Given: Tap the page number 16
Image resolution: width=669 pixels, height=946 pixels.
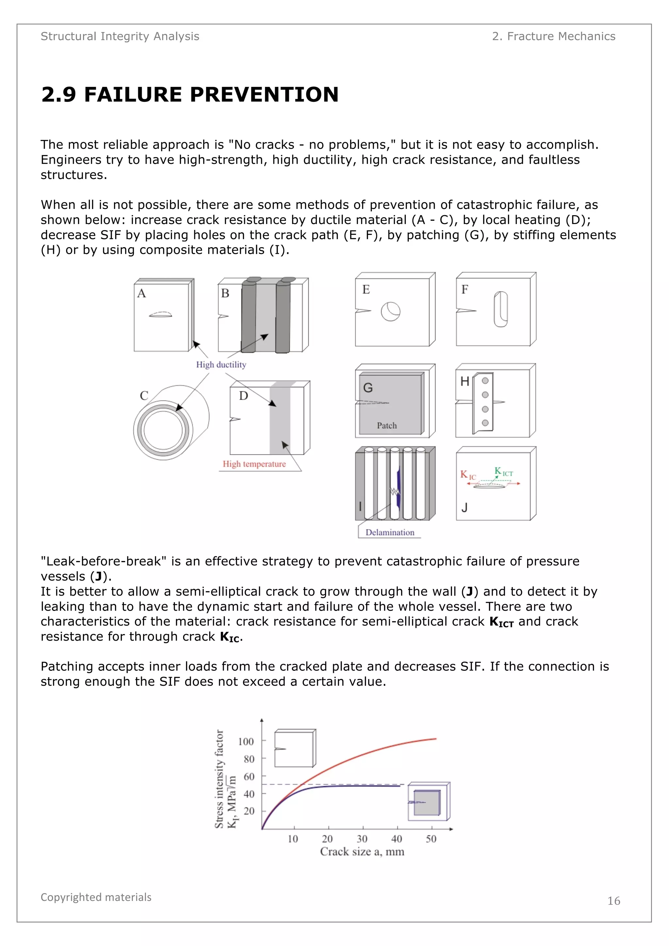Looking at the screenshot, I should click(613, 901).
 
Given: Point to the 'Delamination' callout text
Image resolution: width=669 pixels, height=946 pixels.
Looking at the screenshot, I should click(389, 532).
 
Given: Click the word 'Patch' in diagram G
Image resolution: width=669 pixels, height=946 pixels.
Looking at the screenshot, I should click(387, 425).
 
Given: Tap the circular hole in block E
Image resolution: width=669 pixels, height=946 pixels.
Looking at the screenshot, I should click(390, 312).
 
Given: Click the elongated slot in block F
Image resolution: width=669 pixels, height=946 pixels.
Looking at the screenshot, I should click(500, 309).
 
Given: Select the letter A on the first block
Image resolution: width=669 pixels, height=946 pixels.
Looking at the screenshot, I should click(141, 293).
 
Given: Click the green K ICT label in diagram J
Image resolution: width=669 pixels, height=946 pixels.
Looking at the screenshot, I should click(503, 472).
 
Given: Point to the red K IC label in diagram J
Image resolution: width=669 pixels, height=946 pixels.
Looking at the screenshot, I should click(467, 475).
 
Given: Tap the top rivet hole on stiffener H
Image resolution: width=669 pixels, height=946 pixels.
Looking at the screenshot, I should click(485, 381).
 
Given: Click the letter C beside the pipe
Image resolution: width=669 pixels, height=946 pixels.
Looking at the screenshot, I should click(144, 395).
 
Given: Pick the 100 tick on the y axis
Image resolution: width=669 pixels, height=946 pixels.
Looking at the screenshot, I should click(246, 742).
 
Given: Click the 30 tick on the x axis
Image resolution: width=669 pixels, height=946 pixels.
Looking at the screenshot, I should click(362, 839).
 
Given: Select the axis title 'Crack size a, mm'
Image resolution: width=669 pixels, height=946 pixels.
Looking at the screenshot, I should click(362, 852).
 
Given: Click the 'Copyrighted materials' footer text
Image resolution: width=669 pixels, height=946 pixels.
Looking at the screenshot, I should click(96, 897).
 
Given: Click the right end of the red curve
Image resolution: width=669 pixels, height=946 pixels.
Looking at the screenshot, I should click(435, 739).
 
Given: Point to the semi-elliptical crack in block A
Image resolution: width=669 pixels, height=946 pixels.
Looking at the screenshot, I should click(160, 315).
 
